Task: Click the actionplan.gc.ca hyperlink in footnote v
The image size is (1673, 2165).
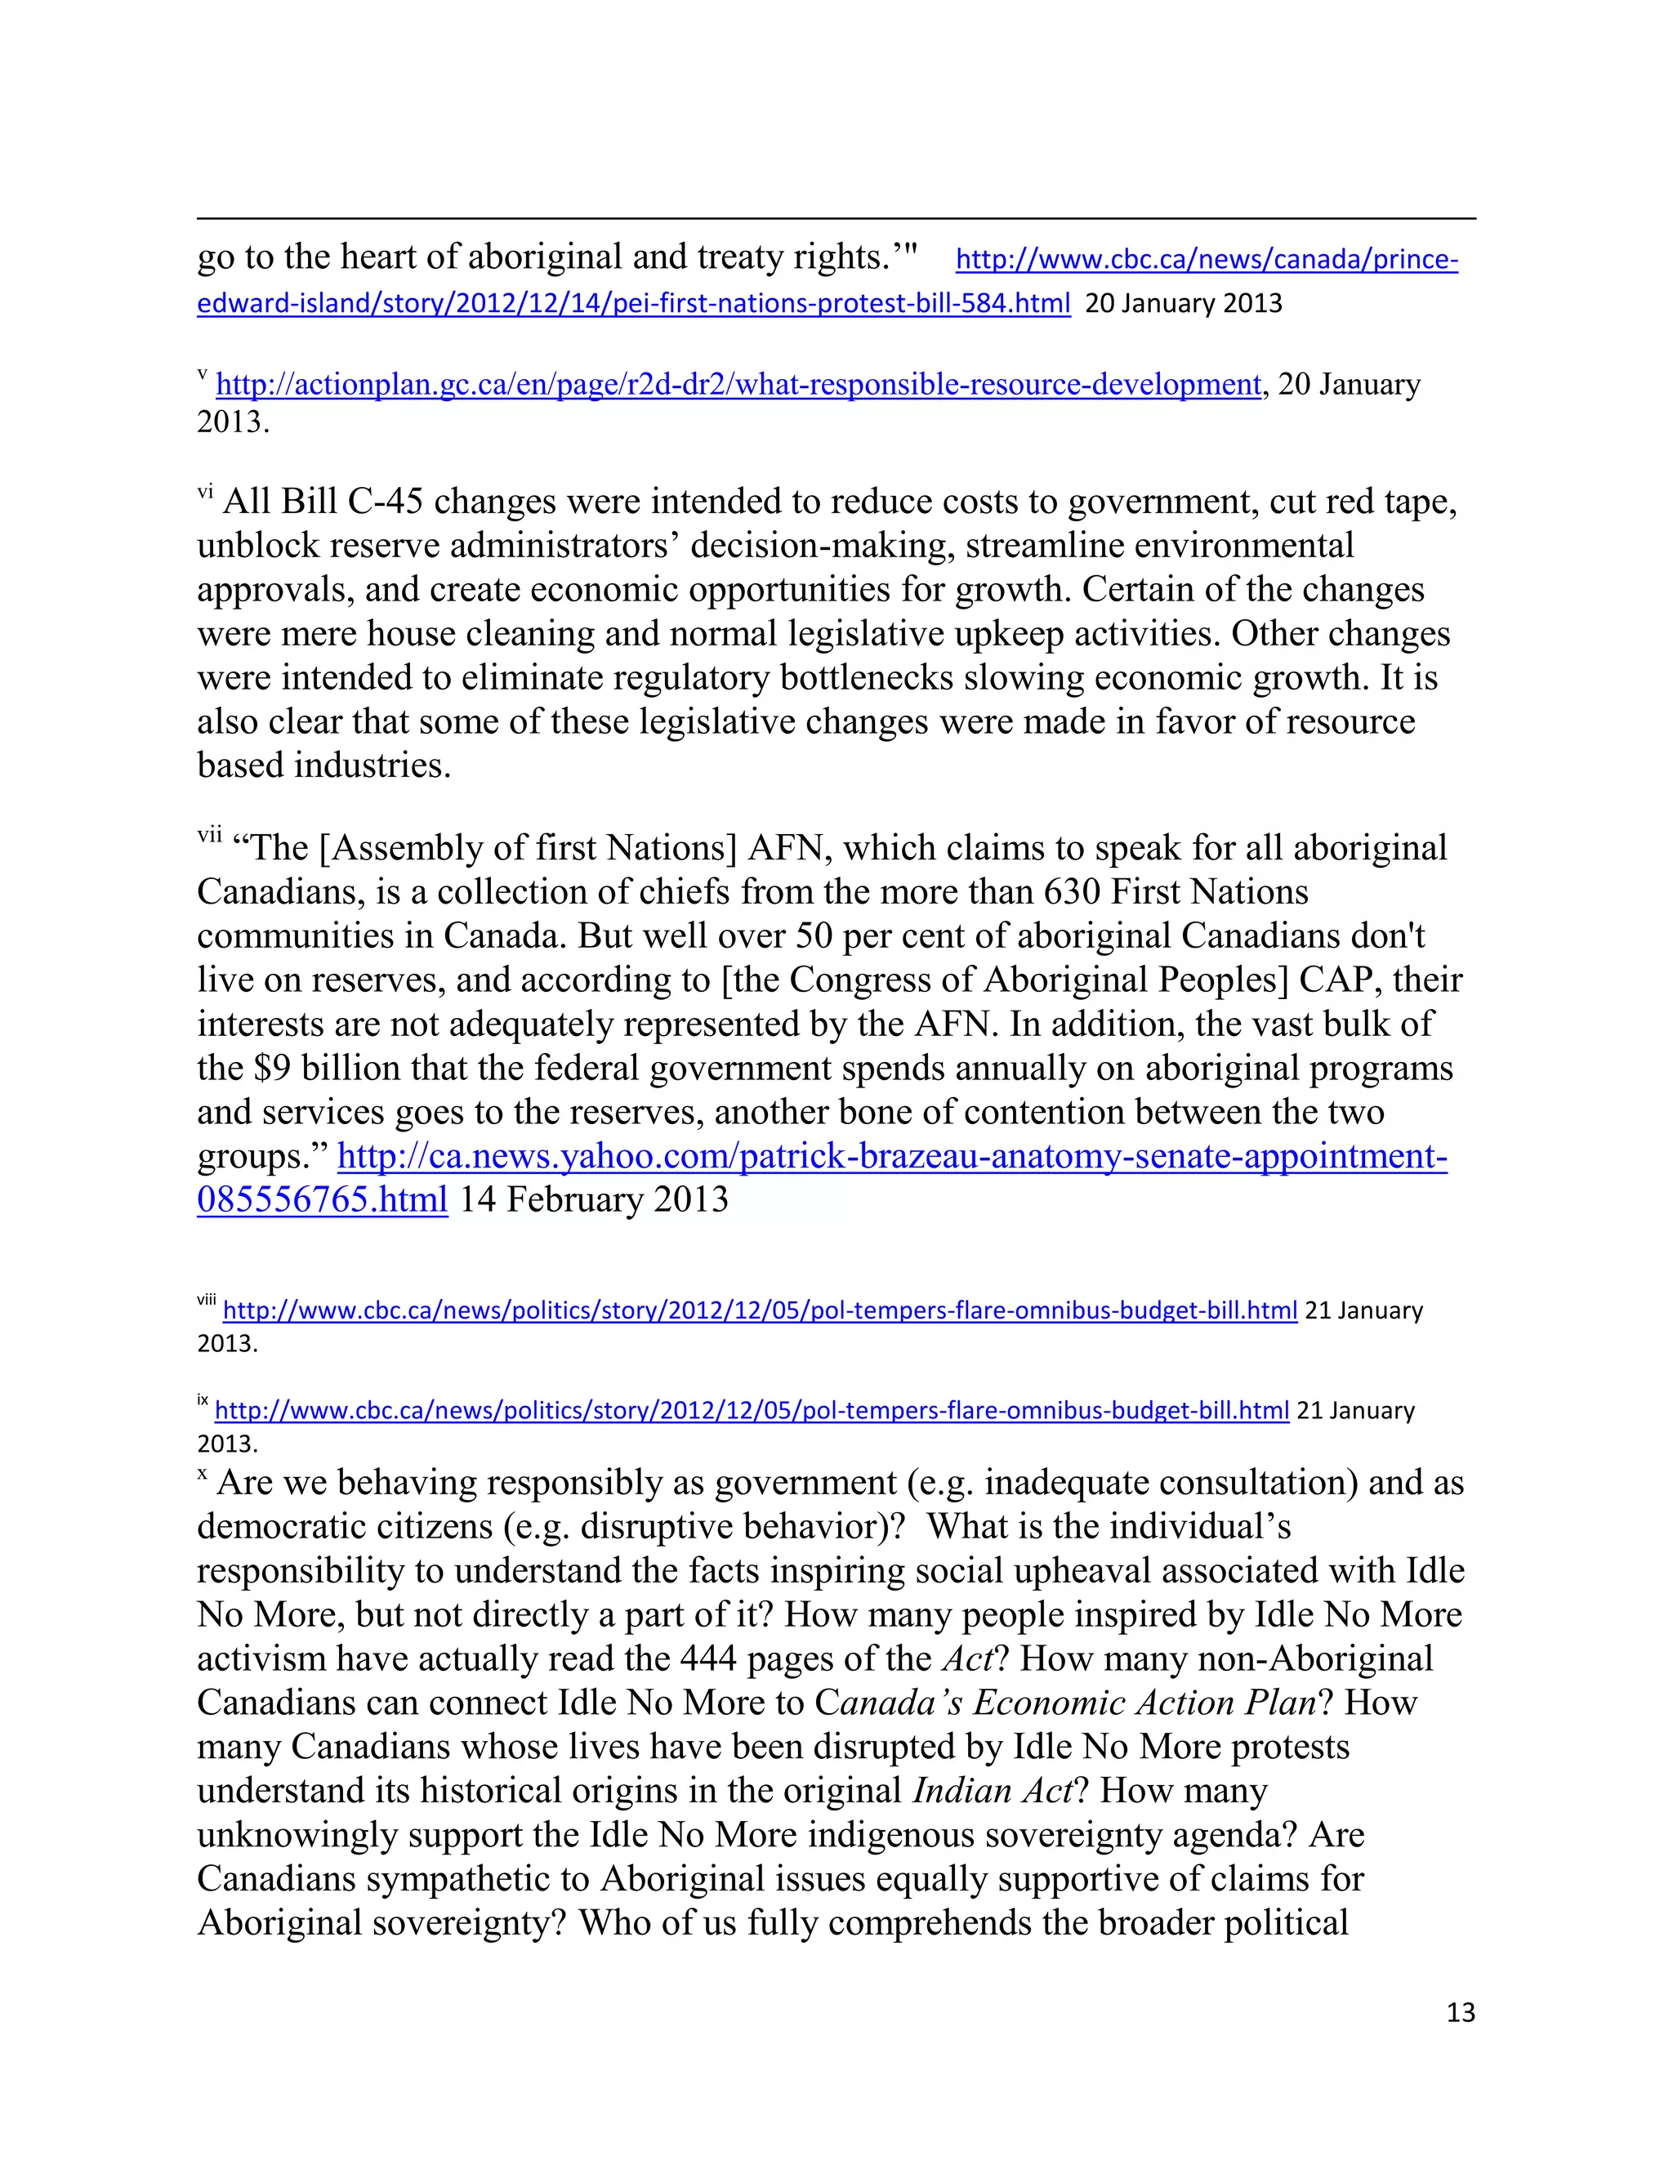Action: [x=738, y=384]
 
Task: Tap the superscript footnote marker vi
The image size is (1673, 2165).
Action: [x=204, y=492]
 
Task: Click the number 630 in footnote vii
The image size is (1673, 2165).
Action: [x=1072, y=892]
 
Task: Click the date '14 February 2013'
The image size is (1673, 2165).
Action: [x=594, y=1199]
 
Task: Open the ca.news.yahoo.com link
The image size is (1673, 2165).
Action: [x=892, y=1157]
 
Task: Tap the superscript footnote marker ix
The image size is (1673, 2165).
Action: [x=203, y=1400]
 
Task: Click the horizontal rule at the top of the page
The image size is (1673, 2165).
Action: [x=836, y=218]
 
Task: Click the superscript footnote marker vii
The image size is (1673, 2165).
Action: [x=209, y=837]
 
